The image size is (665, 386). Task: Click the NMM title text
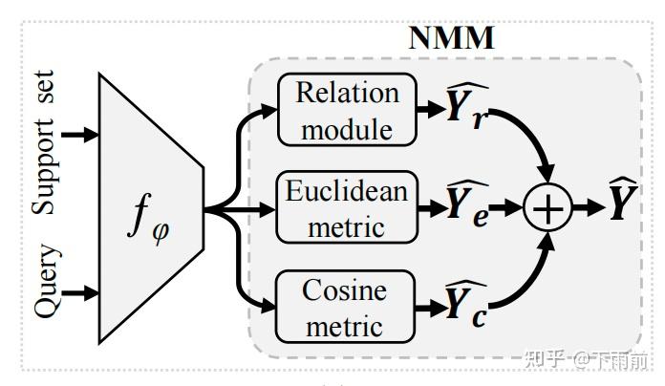pos(452,38)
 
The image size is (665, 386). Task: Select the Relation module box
pos(348,110)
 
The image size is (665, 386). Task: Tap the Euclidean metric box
pos(348,207)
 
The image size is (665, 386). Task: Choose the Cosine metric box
pos(345,307)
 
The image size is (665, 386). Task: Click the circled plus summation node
pos(547,207)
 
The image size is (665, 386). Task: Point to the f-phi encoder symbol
pos(148,220)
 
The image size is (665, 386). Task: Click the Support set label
pos(43,142)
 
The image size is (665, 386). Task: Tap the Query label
pos(47,280)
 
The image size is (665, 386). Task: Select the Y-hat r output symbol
pos(467,105)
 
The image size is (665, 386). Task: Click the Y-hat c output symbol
pos(466,304)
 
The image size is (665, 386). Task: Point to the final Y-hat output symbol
pos(623,199)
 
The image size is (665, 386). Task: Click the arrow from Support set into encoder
pos(80,135)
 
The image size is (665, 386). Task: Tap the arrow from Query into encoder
pos(80,293)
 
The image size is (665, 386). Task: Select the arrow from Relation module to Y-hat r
pos(431,110)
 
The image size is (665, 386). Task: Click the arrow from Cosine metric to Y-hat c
pos(430,308)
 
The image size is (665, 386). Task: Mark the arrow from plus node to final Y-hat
pos(589,208)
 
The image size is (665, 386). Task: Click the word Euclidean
pos(347,191)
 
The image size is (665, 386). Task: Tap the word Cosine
pos(344,291)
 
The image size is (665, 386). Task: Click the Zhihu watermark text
pos(586,359)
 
